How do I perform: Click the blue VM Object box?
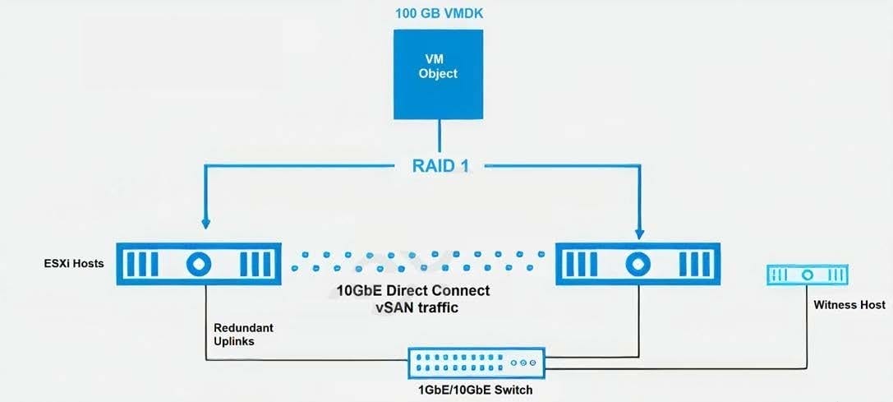(438, 74)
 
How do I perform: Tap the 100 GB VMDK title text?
(439, 13)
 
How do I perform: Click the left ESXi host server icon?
(199, 264)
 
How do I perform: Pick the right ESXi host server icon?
(638, 264)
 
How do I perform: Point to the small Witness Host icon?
(807, 275)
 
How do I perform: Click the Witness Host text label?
(849, 304)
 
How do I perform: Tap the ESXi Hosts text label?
(74, 264)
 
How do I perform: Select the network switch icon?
(476, 363)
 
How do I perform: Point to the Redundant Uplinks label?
(244, 334)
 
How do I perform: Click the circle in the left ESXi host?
(199, 264)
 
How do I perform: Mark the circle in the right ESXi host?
(638, 264)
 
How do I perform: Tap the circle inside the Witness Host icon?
(807, 275)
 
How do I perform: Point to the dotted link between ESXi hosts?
(417, 261)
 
